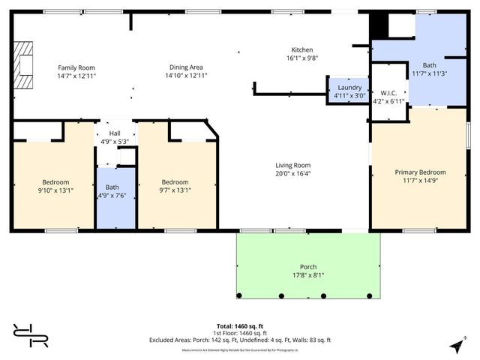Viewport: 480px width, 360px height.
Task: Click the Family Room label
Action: (x=76, y=67)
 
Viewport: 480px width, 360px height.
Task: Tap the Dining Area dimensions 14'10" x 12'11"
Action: (x=186, y=76)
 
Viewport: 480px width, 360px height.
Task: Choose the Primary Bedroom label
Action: (x=420, y=172)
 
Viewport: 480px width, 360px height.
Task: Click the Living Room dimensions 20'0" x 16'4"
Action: (x=292, y=173)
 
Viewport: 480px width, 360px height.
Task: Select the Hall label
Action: (x=115, y=133)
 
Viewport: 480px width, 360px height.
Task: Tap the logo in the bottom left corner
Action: (x=30, y=335)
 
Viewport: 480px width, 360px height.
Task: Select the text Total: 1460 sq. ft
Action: (x=240, y=325)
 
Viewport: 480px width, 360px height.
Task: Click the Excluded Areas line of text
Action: (x=240, y=339)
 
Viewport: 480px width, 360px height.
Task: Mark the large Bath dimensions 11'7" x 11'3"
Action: (x=429, y=73)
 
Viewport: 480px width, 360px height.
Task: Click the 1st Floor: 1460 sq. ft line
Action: (x=240, y=332)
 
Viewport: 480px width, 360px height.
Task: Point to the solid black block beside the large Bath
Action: (x=379, y=27)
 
